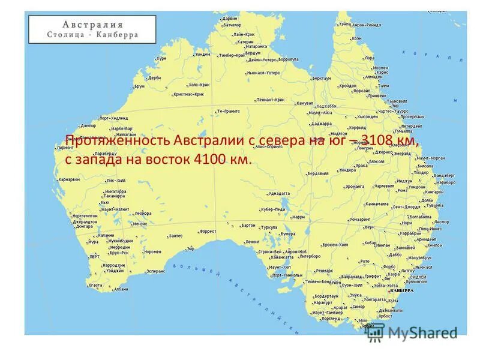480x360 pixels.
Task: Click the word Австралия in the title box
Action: (92, 25)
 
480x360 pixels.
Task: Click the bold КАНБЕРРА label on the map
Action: (401, 290)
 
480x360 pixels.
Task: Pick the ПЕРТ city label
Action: (95, 256)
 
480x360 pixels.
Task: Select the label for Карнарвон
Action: (69, 179)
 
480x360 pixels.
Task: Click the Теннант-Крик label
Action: (271, 99)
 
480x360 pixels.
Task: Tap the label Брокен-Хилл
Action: (335, 245)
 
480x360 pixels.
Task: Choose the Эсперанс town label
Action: (155, 271)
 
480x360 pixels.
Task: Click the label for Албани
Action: (121, 289)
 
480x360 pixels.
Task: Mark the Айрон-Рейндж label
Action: (367, 25)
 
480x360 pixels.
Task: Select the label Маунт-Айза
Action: (320, 112)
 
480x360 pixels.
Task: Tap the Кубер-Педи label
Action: (272, 209)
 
